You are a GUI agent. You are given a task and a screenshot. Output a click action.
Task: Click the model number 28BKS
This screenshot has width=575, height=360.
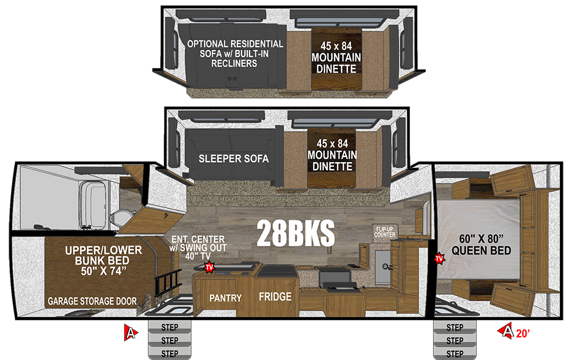296,233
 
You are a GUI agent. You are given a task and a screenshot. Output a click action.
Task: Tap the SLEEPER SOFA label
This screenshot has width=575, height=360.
233,159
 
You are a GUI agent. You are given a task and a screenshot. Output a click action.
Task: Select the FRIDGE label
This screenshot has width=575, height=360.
275,297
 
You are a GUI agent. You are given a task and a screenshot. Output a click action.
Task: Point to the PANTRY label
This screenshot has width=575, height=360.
225,298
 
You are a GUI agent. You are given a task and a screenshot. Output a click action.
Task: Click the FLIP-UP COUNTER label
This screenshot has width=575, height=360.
385,232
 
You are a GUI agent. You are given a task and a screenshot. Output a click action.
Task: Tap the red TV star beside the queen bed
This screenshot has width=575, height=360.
439,259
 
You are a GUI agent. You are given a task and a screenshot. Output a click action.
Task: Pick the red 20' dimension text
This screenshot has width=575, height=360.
523,333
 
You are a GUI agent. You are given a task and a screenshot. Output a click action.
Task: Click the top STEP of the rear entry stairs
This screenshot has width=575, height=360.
170,327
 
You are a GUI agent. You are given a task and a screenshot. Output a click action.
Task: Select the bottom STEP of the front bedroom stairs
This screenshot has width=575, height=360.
455,354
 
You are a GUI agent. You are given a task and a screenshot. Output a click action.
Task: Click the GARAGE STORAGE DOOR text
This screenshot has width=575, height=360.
92,301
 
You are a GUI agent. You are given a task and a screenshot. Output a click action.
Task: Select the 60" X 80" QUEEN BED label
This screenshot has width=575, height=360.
481,244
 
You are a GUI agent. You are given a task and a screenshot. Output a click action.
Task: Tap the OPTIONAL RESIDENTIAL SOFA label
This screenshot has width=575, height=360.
235,53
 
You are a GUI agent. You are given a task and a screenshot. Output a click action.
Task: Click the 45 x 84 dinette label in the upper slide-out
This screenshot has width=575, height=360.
336,57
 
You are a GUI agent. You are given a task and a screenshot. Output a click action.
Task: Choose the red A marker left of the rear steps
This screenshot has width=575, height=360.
131,332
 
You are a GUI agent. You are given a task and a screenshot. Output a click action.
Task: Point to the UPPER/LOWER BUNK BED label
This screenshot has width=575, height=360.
103,261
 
